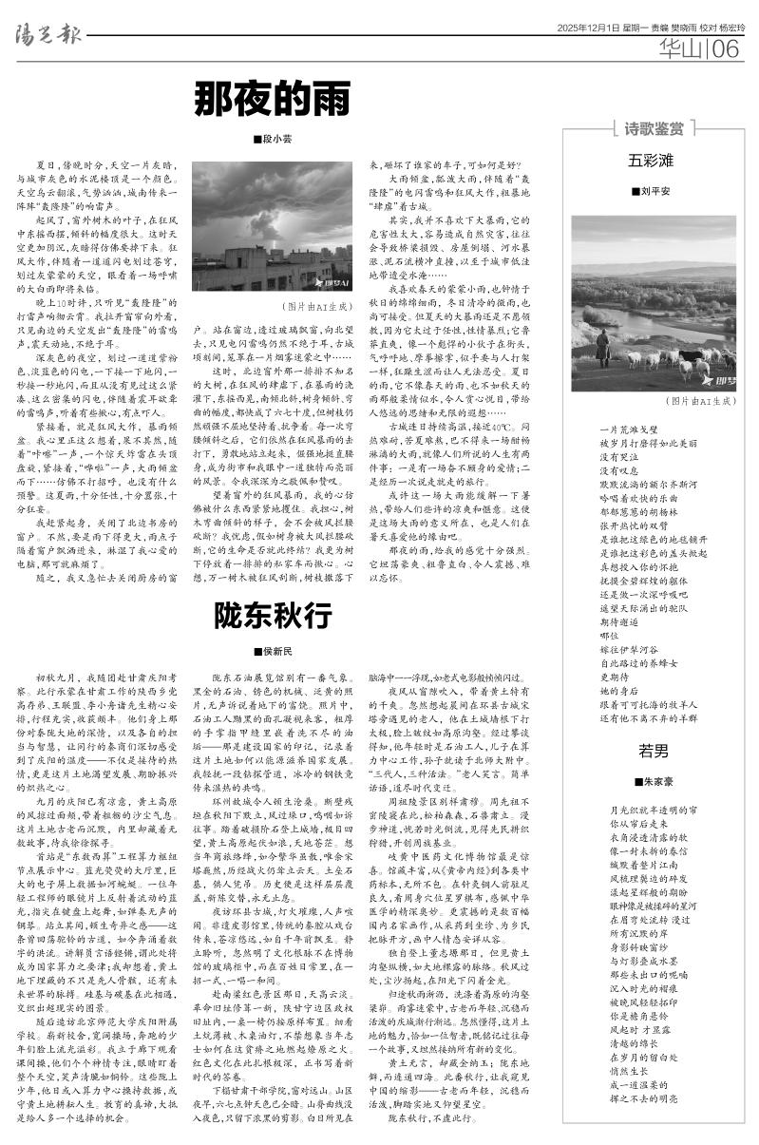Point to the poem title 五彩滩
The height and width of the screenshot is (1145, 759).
[652, 158]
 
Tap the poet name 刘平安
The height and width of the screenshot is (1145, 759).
[656, 191]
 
